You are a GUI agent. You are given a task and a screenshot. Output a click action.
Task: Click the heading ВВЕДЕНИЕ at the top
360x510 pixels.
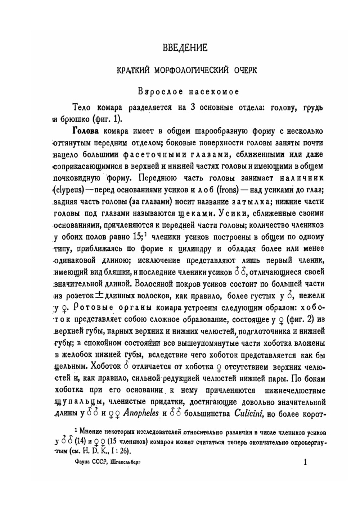(185, 47)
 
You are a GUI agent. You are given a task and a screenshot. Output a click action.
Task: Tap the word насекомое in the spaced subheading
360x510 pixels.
(214, 92)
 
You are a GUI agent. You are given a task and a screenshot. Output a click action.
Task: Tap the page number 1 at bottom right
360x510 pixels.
(305, 462)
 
